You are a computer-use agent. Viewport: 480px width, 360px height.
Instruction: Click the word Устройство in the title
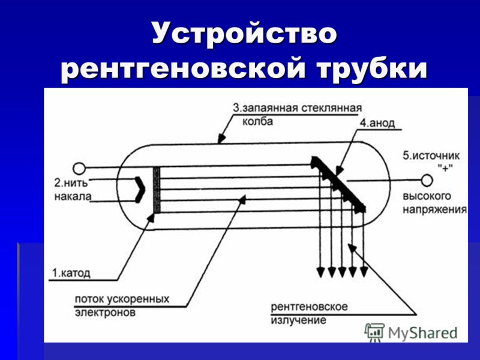[x=244, y=33]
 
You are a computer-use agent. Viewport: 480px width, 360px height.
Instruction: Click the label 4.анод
[x=377, y=123]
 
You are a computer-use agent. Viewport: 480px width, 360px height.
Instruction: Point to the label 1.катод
[x=71, y=273]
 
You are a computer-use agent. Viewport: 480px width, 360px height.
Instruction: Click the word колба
[x=257, y=122]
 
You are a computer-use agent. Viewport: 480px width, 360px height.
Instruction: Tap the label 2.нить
[x=71, y=183]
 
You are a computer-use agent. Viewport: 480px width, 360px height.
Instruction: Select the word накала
[x=73, y=196]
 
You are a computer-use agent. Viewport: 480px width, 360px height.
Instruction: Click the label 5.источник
[x=431, y=156]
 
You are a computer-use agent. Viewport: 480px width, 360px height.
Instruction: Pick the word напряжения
[x=434, y=209]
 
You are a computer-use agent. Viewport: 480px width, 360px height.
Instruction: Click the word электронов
[x=105, y=312]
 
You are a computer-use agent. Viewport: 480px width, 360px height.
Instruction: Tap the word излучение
[x=298, y=320]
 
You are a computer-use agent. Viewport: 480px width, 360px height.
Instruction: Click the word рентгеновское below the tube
[x=309, y=307]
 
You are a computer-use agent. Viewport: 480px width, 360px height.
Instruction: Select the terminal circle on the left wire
[x=79, y=169]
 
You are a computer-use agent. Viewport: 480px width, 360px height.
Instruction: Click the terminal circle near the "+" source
[x=427, y=181]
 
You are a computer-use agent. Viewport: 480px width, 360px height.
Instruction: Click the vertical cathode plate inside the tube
[x=157, y=190]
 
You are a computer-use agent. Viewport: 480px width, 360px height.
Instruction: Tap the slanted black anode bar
[x=338, y=184]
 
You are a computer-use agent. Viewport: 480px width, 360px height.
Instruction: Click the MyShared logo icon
[x=374, y=332]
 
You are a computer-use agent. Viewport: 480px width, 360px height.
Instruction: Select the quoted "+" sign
[x=445, y=167]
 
